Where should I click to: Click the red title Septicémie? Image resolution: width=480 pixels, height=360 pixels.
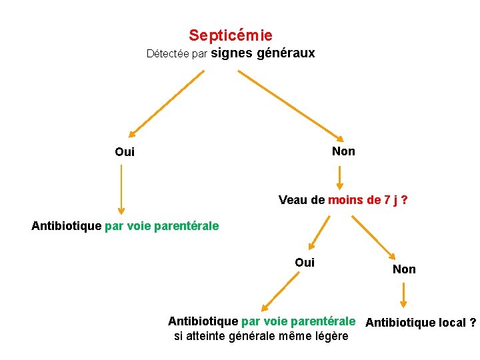click(x=230, y=35)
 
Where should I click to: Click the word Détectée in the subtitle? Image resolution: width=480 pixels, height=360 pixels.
click(x=167, y=54)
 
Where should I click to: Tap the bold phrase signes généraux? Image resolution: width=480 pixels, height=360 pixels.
click(x=263, y=53)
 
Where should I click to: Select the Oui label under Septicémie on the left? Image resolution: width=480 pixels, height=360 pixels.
click(x=125, y=152)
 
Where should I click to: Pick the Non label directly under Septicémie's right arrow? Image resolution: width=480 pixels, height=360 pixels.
click(x=343, y=151)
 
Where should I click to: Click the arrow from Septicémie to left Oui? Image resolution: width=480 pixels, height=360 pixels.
click(x=166, y=103)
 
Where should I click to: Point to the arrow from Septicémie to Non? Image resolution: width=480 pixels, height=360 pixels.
click(x=289, y=103)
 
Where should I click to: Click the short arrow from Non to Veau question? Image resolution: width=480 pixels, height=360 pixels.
click(x=339, y=177)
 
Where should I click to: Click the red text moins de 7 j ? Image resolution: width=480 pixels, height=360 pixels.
click(x=368, y=199)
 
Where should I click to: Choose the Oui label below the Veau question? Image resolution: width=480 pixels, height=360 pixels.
click(x=305, y=263)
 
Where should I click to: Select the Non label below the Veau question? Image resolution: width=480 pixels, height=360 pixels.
click(x=404, y=269)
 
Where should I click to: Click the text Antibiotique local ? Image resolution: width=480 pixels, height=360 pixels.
click(x=421, y=323)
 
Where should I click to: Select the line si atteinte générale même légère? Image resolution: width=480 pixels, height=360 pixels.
click(x=261, y=336)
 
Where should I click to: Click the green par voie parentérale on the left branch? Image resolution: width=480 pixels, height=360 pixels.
click(x=162, y=226)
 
